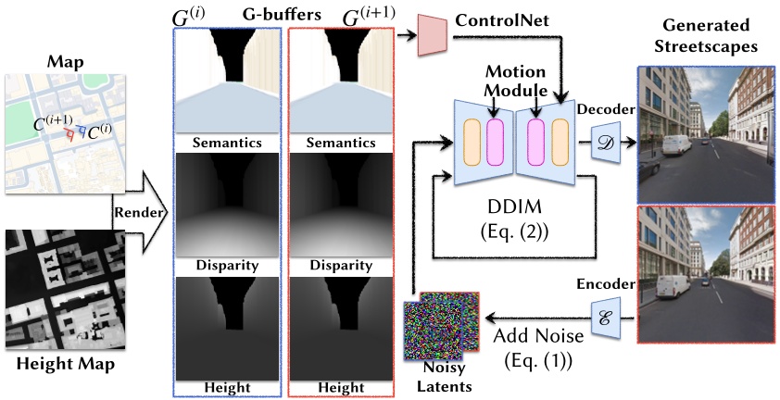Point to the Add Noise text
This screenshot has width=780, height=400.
531,333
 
